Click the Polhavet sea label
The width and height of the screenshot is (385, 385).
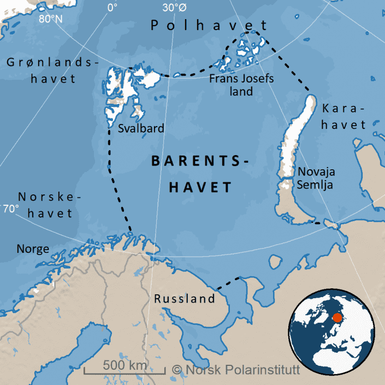[209, 25]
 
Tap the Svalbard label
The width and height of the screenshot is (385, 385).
[141, 129]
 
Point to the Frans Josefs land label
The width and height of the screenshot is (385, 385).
[241, 85]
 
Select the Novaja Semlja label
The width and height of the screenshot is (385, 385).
[316, 178]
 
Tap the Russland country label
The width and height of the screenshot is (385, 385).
[185, 299]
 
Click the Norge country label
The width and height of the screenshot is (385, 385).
[33, 249]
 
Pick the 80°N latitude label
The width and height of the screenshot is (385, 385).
[51, 19]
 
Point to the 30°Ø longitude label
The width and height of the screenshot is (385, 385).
[175, 8]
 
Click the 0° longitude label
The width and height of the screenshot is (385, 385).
[112, 8]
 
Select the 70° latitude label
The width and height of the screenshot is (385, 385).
[10, 209]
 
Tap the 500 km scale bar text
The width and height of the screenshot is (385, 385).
[125, 364]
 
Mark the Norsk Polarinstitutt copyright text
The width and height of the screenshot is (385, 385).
[236, 370]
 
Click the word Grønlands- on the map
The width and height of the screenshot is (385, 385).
[53, 63]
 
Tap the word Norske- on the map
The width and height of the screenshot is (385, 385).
[49, 197]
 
